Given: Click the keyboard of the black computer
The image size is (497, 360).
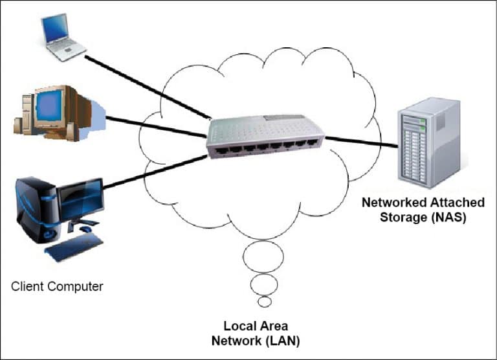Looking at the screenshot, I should coord(75,247).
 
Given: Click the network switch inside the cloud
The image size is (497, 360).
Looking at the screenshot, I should coord(265,137).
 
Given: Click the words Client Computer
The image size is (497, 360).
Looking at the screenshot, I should coord(57,286).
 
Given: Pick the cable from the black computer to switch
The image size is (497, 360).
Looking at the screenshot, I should coord(155,172).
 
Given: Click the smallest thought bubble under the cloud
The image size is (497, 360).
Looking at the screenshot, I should coord(264,302).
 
